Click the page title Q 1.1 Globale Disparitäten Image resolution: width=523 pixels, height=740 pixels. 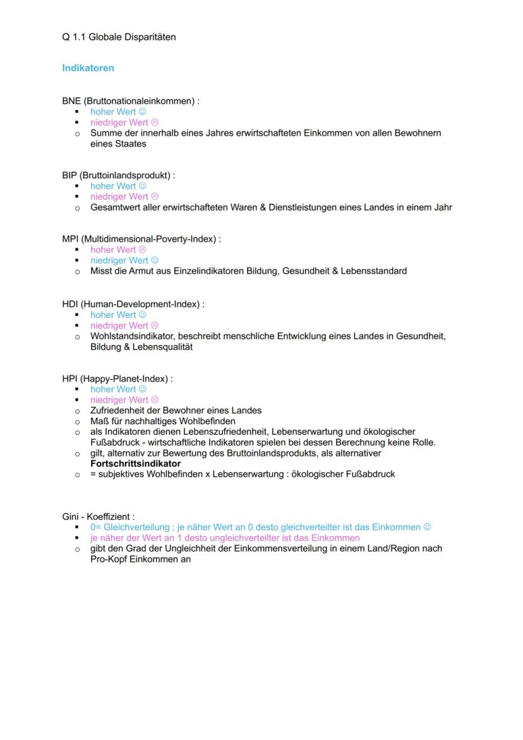(x=119, y=37)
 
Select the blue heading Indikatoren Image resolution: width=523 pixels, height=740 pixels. (x=88, y=68)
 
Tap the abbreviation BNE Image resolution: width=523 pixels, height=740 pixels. (x=71, y=101)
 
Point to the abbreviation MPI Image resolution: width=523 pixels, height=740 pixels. (x=71, y=240)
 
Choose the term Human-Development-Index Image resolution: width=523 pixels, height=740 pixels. (x=140, y=305)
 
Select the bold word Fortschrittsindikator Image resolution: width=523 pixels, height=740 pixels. (x=135, y=464)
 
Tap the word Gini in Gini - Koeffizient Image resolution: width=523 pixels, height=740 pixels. (x=70, y=517)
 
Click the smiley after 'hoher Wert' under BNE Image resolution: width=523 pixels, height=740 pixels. (x=142, y=112)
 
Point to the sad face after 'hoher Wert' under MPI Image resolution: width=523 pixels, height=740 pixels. (x=142, y=250)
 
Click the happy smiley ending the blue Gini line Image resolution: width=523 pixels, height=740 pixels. (x=428, y=527)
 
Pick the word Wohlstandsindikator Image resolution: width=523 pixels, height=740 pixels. (x=133, y=336)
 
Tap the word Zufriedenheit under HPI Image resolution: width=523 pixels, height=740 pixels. (x=117, y=411)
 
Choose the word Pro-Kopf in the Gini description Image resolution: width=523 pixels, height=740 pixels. (x=109, y=559)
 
